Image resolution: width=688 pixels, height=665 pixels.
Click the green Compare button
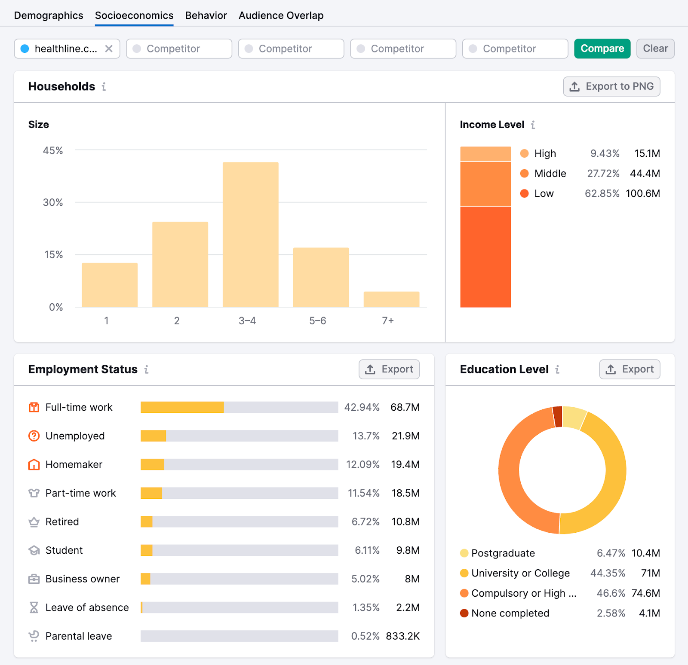(602, 49)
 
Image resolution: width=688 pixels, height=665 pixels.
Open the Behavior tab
(206, 15)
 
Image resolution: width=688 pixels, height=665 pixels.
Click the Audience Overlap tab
(281, 15)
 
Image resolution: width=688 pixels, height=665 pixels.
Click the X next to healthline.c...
(109, 49)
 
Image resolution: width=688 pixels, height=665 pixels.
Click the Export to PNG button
(611, 86)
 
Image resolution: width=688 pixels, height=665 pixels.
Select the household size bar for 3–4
(250, 234)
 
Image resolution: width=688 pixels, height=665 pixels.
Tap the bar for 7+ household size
(391, 299)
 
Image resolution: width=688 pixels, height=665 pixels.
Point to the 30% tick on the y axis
(53, 202)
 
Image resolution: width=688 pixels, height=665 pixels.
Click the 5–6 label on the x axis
(318, 320)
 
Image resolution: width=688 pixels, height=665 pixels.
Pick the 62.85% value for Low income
(602, 193)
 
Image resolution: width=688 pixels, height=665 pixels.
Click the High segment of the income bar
(485, 154)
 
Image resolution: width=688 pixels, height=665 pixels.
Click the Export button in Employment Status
(389, 369)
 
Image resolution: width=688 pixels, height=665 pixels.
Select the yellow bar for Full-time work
(182, 407)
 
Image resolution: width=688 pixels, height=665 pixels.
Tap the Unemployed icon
(34, 436)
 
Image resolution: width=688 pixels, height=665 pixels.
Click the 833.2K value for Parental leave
(402, 636)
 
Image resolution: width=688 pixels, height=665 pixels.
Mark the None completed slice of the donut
(558, 416)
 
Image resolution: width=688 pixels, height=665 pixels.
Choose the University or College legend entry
(520, 573)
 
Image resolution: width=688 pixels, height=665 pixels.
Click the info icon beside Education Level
(557, 369)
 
